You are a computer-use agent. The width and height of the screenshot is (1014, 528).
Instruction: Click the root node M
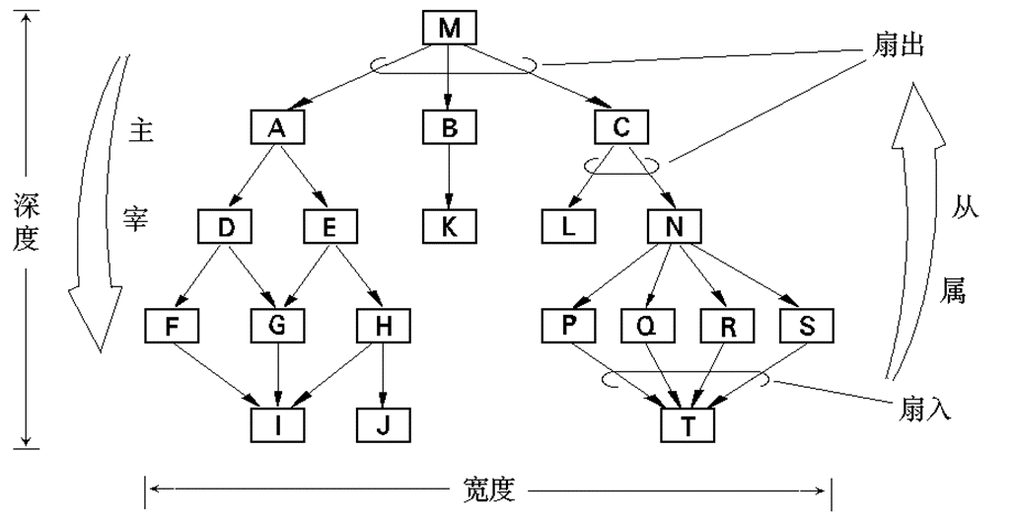tap(450, 28)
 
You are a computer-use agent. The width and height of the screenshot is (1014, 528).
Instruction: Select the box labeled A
tap(276, 126)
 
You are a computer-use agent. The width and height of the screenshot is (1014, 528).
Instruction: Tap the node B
tap(450, 126)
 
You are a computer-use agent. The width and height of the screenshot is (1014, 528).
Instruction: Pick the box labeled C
tap(621, 126)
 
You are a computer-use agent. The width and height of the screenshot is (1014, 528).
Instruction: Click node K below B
tap(450, 226)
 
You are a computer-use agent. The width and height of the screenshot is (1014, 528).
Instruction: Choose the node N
tap(674, 226)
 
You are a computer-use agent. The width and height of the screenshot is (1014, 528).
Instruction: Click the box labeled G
tap(276, 324)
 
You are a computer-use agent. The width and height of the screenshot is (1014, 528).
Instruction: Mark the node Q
tap(647, 324)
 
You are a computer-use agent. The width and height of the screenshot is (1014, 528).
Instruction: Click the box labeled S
tap(806, 324)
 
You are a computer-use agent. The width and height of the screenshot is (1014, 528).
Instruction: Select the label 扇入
tap(924, 409)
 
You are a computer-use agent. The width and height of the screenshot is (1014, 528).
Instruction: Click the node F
tap(170, 324)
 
